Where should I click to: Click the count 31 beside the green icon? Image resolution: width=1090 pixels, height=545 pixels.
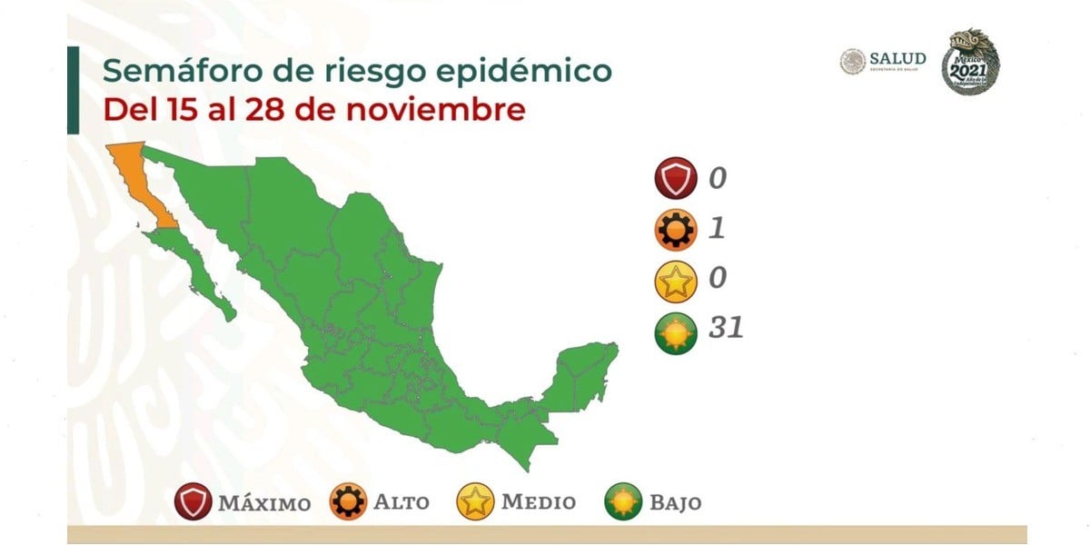click(726, 327)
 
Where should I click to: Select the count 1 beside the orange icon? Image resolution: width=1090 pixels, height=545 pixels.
click(716, 227)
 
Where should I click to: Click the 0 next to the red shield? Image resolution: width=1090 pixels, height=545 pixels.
click(717, 178)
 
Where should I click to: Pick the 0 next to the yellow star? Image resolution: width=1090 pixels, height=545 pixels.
click(717, 277)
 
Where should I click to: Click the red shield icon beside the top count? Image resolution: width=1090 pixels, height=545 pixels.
click(675, 178)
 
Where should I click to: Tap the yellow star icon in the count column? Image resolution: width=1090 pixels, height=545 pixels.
click(675, 280)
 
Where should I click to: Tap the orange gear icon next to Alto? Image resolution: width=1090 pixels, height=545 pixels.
click(348, 502)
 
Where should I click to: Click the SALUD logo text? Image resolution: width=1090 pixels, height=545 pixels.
click(897, 59)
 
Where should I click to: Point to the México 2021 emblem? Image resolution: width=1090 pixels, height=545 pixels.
click(969, 61)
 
